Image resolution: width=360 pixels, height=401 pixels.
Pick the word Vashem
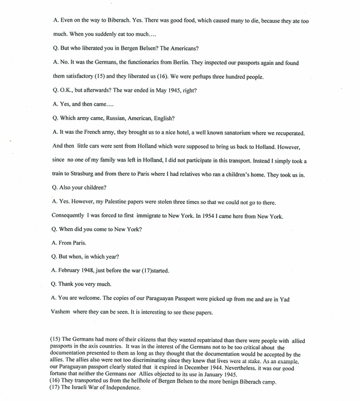pyautogui.click(x=66, y=312)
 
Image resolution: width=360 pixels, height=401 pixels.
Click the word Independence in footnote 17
pyautogui.click(x=119, y=387)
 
